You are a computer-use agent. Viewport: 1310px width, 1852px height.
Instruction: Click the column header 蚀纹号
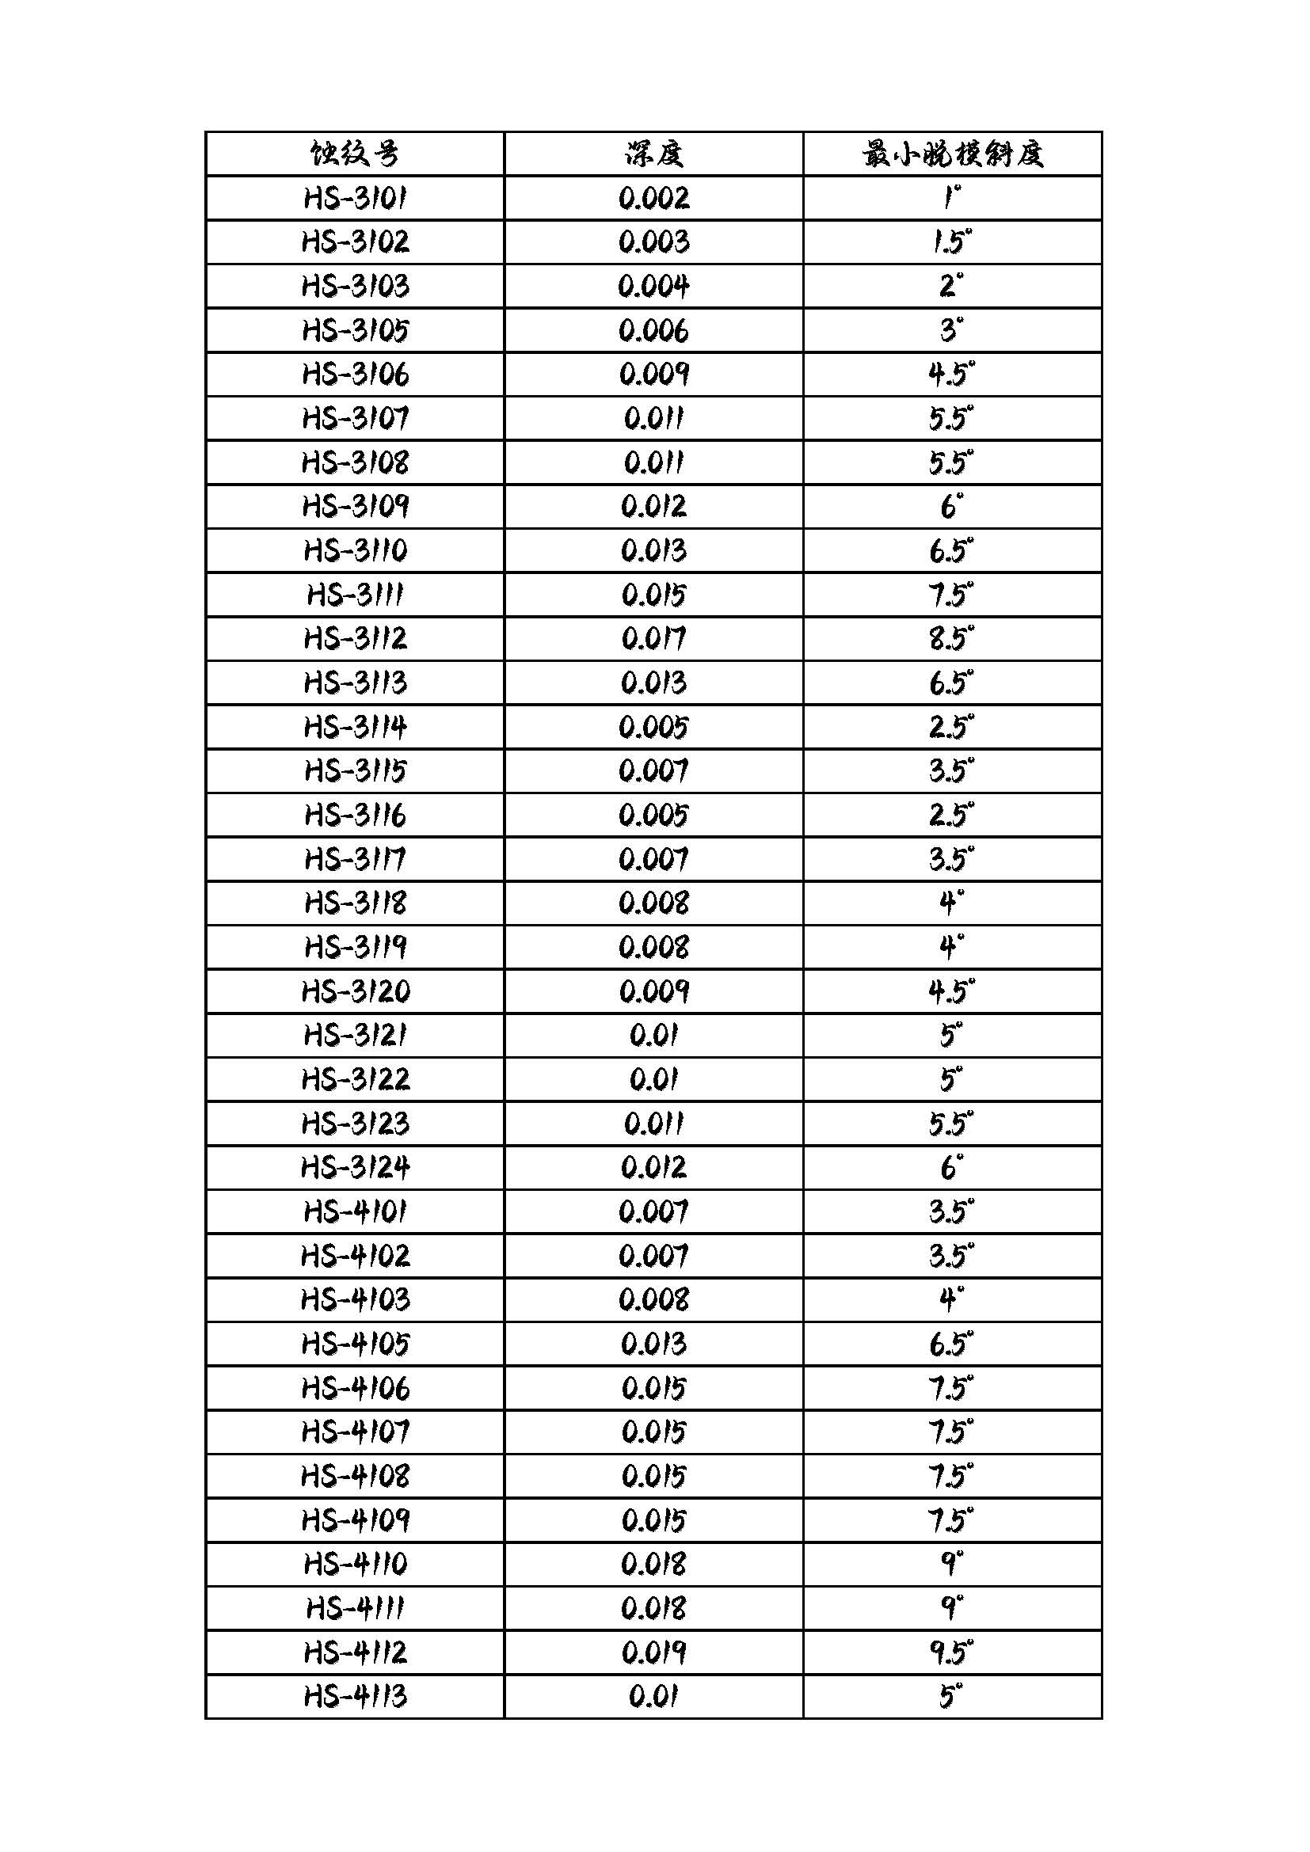355,154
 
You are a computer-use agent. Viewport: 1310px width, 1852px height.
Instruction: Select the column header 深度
653,154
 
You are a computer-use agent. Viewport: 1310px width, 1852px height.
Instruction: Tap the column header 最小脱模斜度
952,154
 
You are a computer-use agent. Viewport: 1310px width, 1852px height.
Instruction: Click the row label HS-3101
355,199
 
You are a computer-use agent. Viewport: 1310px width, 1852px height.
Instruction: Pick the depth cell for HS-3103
653,287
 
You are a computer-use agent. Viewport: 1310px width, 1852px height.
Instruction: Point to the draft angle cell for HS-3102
952,242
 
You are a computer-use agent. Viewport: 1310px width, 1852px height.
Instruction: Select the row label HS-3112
355,639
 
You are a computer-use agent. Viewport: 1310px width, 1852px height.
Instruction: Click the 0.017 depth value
653,639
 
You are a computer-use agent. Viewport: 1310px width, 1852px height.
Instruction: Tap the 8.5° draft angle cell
952,639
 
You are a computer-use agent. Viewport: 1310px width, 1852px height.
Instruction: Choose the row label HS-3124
355,1167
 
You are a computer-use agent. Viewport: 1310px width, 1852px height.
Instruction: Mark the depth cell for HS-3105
653,331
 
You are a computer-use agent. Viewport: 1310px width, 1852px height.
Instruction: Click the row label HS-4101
355,1211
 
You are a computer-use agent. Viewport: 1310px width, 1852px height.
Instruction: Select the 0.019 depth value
653,1652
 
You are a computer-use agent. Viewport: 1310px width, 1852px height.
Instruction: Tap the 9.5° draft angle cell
952,1652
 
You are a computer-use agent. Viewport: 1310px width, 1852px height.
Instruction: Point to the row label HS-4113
355,1696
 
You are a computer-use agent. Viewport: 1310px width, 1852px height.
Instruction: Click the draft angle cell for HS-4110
952,1564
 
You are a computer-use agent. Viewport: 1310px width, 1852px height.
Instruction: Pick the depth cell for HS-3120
653,991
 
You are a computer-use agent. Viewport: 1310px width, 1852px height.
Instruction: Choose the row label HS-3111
355,595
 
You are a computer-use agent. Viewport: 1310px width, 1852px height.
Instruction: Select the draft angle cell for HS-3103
952,287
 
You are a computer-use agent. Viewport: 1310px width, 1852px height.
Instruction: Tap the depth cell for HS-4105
653,1344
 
